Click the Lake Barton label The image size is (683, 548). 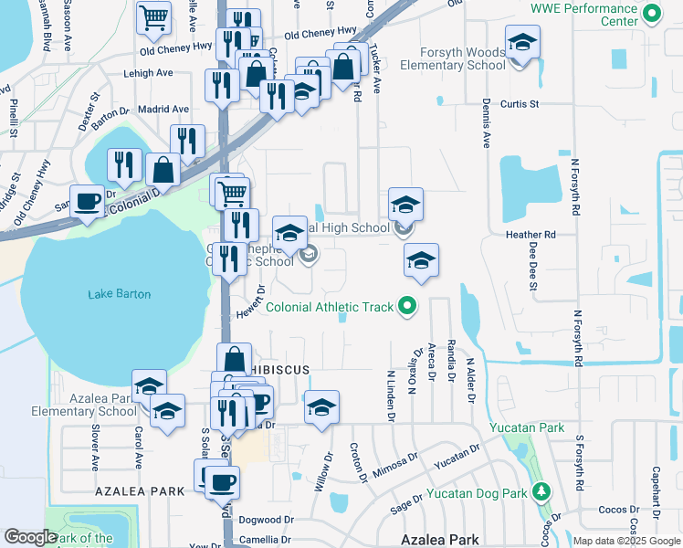(120, 294)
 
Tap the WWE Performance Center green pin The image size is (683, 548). (651, 14)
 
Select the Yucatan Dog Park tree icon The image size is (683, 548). (541, 493)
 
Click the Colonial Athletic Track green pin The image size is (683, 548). (409, 307)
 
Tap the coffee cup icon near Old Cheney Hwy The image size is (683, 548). (89, 202)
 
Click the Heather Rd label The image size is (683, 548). (531, 235)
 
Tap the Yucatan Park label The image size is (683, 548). (527, 427)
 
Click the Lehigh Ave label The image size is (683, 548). (152, 73)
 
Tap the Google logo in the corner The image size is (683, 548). (30, 537)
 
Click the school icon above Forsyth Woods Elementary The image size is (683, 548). (522, 42)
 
